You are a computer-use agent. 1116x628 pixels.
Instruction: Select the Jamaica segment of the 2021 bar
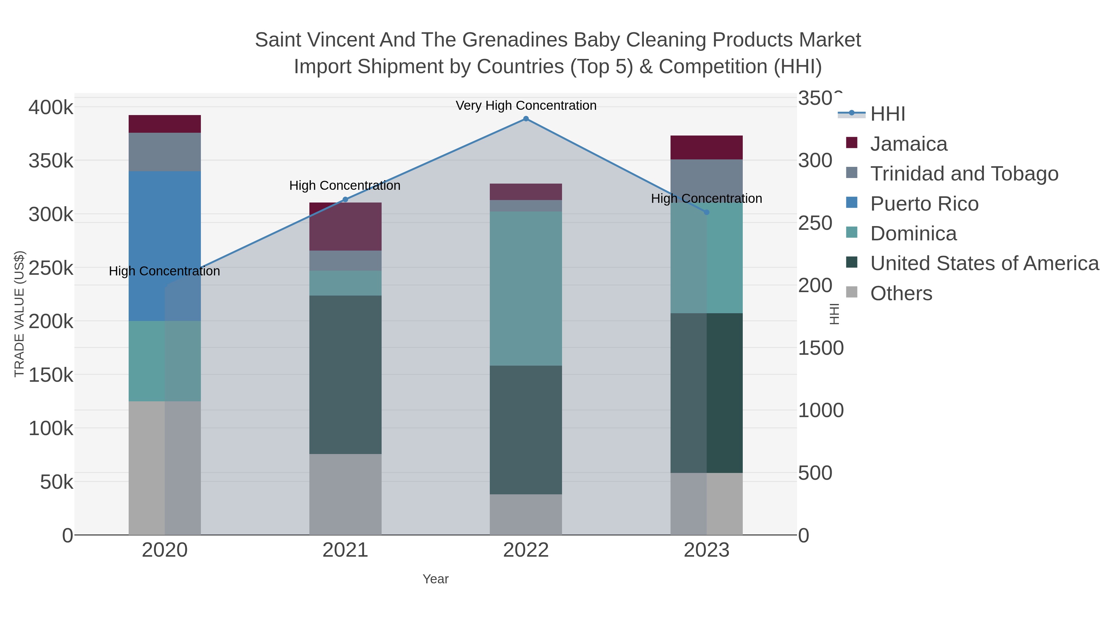coord(345,226)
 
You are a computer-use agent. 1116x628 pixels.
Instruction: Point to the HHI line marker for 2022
coord(525,119)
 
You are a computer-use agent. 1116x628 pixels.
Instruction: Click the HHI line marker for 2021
coord(345,200)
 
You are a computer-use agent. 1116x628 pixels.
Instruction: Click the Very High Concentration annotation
coord(525,105)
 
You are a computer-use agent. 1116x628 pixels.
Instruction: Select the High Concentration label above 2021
coord(345,185)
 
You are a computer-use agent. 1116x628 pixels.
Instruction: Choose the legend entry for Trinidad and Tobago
coord(964,174)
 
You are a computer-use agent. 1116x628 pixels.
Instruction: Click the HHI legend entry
coord(887,114)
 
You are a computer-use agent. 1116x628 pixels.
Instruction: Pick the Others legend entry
coord(901,293)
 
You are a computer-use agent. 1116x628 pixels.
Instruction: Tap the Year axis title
coord(436,579)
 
